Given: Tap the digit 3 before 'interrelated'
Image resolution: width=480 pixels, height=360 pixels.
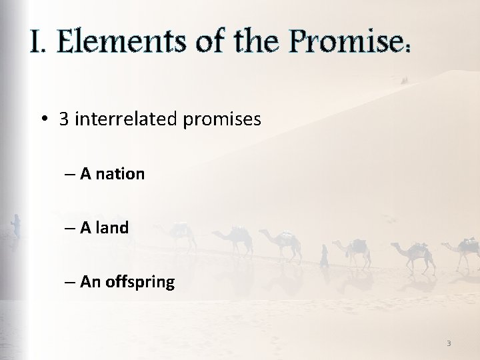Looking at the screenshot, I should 64,119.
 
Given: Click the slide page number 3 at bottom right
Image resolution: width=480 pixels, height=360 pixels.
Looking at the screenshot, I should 449,343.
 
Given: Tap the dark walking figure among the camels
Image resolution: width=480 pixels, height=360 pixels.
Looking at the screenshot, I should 325,255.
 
